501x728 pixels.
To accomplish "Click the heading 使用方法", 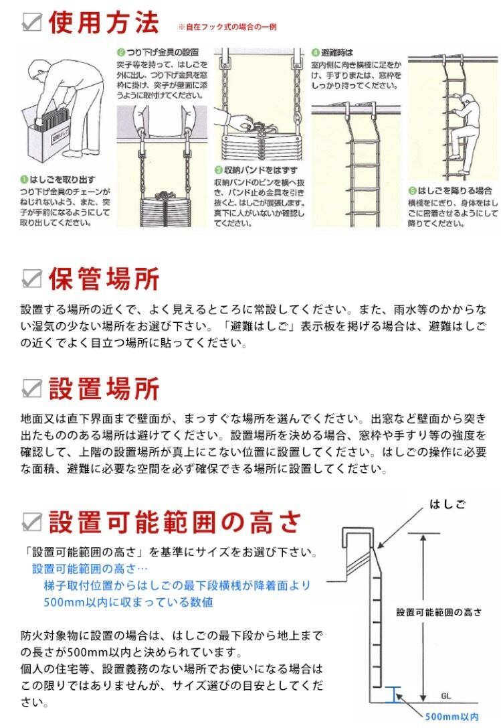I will [104, 23].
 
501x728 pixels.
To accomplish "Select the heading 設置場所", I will [104, 388].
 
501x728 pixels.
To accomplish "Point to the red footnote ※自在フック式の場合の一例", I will [227, 27].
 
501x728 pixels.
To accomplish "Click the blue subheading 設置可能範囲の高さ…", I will [85, 569].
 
